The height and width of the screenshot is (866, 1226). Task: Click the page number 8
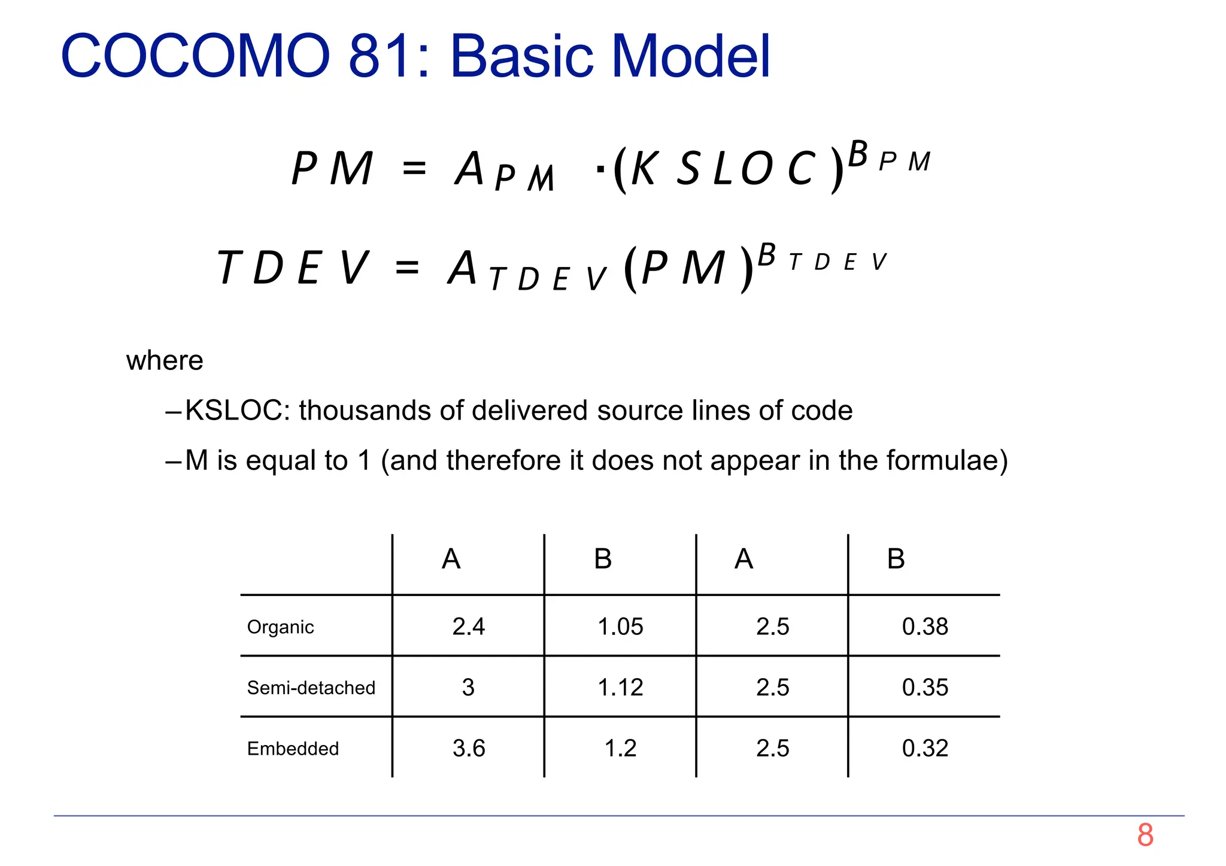point(1145,835)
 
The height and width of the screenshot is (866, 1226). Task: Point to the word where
point(165,361)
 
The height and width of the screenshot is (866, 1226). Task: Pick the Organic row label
point(280,627)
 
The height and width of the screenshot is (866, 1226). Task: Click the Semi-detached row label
point(311,688)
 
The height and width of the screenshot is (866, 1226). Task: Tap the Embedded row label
point(293,749)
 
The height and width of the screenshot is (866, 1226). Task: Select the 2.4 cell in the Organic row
point(468,627)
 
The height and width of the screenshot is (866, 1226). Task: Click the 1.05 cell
point(620,627)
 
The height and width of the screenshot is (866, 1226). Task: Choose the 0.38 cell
point(925,627)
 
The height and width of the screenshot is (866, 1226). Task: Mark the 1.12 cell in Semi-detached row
point(620,688)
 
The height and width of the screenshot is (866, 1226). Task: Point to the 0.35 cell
point(925,688)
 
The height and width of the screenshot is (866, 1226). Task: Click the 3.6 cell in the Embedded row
point(468,748)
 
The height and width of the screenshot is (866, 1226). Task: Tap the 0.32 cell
point(925,748)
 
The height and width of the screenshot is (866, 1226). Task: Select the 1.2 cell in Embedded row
point(620,748)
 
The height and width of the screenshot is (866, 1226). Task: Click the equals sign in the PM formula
point(414,168)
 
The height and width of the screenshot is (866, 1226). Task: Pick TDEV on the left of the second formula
point(293,268)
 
